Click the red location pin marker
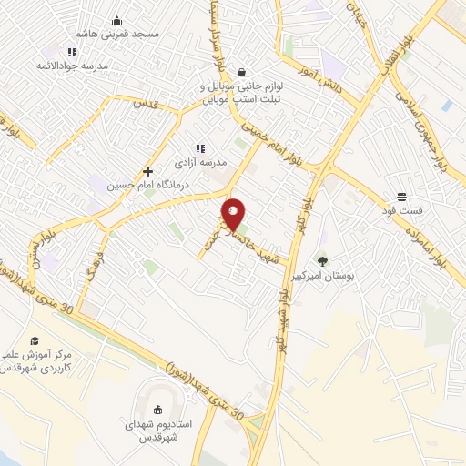[234, 213]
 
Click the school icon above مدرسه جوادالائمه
[71, 53]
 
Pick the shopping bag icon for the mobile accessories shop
[241, 72]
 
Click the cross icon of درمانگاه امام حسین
[147, 171]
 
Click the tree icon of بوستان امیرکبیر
[320, 261]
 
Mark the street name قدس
[145, 105]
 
